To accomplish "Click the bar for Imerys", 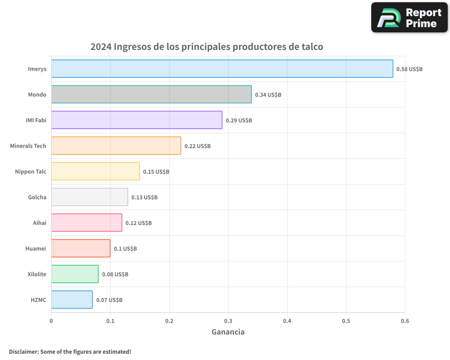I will [222, 69].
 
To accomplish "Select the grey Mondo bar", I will [151, 94].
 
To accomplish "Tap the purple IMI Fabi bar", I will [136, 120].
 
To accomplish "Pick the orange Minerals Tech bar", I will [116, 146].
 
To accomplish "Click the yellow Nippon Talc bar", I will [95, 171].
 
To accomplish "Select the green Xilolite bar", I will [75, 274].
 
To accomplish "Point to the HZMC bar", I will [72, 300].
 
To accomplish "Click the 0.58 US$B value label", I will [409, 69].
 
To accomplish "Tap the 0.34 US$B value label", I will [268, 95].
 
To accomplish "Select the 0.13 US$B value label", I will [144, 198].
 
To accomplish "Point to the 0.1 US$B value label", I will [125, 249].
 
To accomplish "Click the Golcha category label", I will [37, 197].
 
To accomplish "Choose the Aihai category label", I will [39, 223].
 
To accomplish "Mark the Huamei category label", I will [36, 248].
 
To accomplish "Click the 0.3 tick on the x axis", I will [228, 321].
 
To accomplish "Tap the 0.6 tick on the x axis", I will [405, 321].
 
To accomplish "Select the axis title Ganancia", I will [228, 332].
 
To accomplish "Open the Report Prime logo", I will [409, 18].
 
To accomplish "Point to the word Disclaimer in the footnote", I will [23, 352].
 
